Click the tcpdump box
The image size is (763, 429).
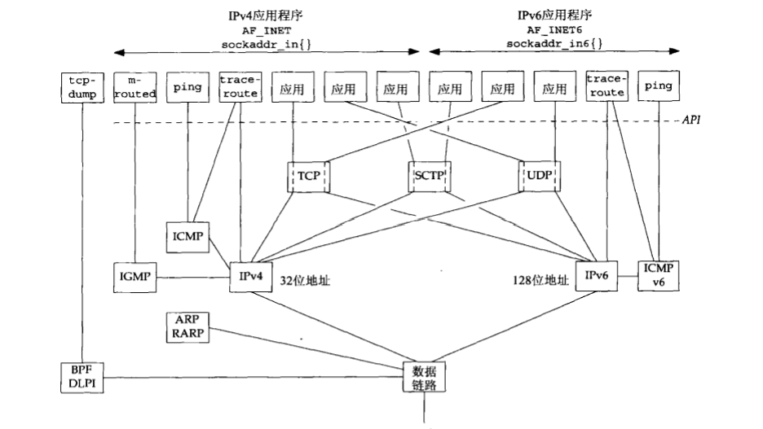coord(82,86)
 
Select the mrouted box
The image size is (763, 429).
coord(135,86)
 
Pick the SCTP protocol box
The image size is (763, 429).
coord(430,175)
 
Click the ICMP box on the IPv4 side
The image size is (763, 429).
coord(187,236)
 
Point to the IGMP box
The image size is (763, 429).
coord(135,278)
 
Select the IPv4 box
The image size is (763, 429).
coord(249,278)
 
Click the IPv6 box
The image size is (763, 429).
coord(596,278)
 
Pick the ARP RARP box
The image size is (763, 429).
coord(187,326)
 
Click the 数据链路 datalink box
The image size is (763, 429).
coord(425,375)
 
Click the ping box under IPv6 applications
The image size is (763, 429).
coord(658,86)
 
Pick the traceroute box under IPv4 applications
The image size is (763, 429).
coord(239,86)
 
